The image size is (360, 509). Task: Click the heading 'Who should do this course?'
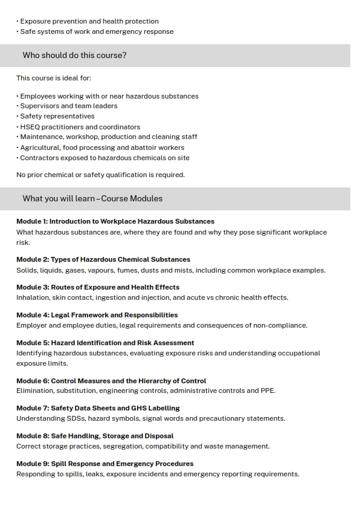tap(74, 56)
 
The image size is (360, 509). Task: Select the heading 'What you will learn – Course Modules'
tap(92, 198)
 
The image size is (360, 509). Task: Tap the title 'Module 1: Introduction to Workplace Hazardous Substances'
tap(115, 221)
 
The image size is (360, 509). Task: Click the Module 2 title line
tap(103, 259)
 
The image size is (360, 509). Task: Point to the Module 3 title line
tap(98, 287)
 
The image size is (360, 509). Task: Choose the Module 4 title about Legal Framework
tap(97, 315)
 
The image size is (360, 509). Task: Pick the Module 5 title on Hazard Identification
tap(105, 343)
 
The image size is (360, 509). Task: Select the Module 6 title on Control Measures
tap(111, 381)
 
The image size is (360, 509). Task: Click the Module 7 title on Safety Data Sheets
tap(98, 408)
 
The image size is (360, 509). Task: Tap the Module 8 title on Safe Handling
tap(95, 436)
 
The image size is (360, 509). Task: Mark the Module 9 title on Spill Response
tap(105, 464)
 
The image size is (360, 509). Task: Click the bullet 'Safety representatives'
tap(57, 116)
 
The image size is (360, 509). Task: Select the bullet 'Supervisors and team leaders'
tap(69, 106)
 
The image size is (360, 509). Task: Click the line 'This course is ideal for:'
tap(54, 78)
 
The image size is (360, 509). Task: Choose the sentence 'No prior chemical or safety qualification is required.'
tap(100, 175)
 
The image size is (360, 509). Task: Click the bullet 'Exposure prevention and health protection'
tap(89, 21)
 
